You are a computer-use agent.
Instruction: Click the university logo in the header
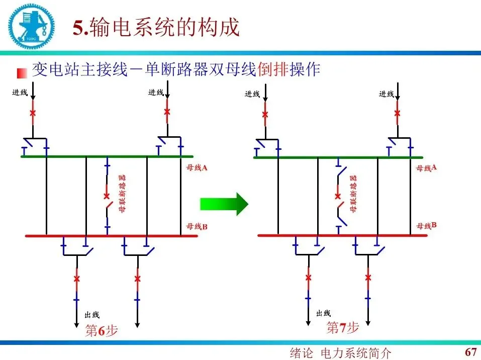(29, 25)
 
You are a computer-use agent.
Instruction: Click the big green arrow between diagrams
(224, 203)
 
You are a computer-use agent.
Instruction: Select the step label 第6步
(102, 330)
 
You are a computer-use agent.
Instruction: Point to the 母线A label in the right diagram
(427, 168)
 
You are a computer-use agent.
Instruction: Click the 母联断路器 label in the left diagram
(122, 194)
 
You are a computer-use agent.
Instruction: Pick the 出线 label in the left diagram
(92, 315)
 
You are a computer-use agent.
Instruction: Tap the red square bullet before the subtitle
(22, 73)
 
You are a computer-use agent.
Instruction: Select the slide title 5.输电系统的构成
(156, 28)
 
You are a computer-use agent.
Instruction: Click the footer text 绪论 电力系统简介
(340, 352)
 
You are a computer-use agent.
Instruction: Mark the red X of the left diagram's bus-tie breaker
(107, 196)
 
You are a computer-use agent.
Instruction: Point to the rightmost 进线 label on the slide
(387, 94)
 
